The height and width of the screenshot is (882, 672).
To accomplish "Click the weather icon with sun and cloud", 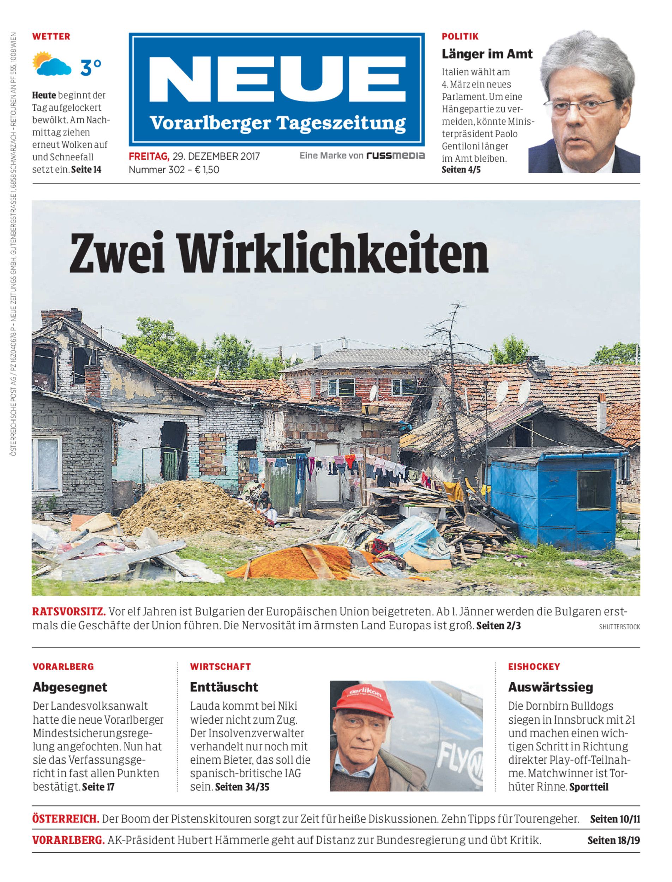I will coord(52,64).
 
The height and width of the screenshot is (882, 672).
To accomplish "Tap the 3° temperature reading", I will coord(91,67).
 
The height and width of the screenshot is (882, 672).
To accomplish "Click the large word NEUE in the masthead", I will coord(277,79).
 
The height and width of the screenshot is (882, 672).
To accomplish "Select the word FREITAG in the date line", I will coord(148,156).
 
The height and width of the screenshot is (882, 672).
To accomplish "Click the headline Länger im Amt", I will coord(487,54).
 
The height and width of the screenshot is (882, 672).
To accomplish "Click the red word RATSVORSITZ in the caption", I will coord(69,612).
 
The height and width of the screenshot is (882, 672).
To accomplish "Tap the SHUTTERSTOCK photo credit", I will coord(619,627).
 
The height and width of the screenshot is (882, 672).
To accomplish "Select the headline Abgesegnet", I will coord(70,687).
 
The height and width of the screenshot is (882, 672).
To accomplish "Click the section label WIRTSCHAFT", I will coord(220,666).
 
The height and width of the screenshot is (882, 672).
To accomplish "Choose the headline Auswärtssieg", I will coord(550,687).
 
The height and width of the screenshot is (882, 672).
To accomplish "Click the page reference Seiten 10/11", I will coord(614,819).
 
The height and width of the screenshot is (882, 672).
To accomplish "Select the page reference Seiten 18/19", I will coord(613,840).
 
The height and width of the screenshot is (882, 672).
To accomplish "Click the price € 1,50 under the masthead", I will coord(207,170).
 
